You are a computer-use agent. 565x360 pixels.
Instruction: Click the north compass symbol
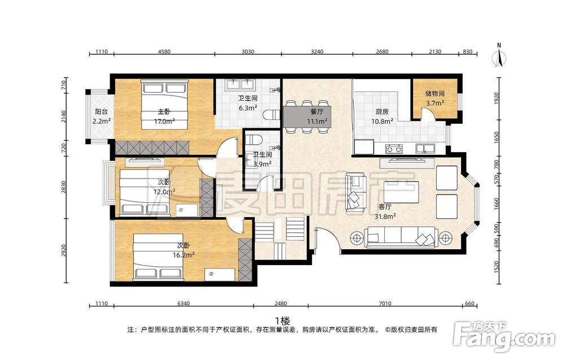tap(499, 56)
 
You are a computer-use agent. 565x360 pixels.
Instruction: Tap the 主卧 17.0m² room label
tap(164, 116)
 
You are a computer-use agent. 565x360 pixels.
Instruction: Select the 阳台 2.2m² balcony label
tap(101, 116)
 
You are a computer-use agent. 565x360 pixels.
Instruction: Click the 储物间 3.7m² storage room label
tap(434, 98)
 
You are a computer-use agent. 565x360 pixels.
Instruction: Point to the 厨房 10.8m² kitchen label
tap(382, 116)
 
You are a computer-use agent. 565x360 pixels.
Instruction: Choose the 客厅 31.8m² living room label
tap(385, 211)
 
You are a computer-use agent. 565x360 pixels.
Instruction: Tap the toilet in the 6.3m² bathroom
tap(271, 115)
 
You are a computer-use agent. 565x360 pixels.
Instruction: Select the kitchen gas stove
tap(394, 149)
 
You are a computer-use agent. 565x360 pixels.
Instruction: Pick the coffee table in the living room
tap(401, 192)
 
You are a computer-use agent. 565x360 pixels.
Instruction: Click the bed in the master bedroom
tap(164, 105)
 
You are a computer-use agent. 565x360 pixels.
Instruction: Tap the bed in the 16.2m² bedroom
tap(158, 257)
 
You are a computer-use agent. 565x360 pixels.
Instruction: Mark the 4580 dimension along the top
tap(164, 51)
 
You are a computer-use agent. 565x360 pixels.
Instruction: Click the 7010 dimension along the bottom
tap(385, 303)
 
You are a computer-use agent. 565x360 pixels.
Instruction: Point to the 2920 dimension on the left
tap(64, 250)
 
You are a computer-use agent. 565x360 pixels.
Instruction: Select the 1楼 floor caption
tap(282, 320)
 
